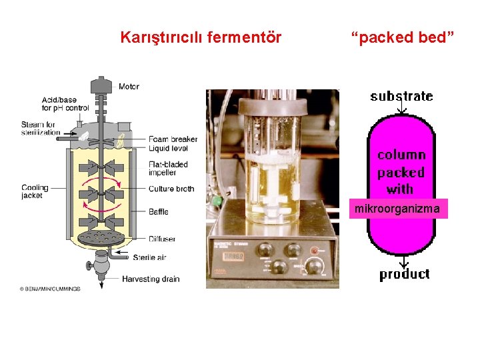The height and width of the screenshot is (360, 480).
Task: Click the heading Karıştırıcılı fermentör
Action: [x=201, y=37]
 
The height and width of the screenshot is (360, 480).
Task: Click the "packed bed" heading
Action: [x=403, y=37]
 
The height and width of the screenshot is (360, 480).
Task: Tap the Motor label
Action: [x=129, y=87]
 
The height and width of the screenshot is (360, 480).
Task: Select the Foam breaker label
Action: [x=173, y=139]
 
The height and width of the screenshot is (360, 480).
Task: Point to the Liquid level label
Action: [x=168, y=148]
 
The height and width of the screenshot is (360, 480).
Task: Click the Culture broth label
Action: [x=171, y=189]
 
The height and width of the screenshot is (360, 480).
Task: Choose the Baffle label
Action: [x=158, y=212]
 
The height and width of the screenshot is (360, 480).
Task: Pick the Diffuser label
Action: [x=162, y=239]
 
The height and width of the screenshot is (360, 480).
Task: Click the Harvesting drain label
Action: [x=151, y=279]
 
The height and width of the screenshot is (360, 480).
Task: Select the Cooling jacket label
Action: [x=35, y=192]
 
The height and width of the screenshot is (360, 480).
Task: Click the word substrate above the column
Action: [x=401, y=97]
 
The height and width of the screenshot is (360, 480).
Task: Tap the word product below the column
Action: [x=404, y=274]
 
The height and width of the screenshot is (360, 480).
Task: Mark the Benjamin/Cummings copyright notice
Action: [x=50, y=289]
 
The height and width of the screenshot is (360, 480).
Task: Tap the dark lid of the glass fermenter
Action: [x=273, y=105]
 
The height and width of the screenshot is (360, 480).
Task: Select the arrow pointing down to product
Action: [x=402, y=261]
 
